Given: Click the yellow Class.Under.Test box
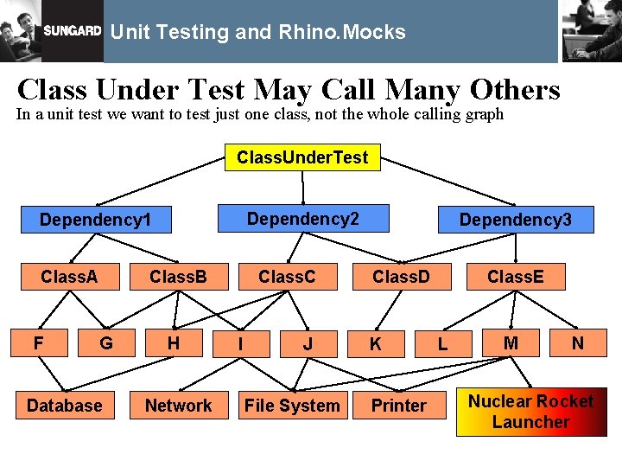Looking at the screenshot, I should [x=302, y=157].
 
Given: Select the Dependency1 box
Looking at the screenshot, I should [x=95, y=220].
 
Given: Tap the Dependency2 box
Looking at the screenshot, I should [x=302, y=218].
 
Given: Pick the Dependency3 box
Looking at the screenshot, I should [x=515, y=220].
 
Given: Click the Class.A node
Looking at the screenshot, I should [x=69, y=277].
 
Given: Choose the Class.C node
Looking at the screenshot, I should [x=287, y=277].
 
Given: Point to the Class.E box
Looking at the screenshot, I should [x=516, y=277].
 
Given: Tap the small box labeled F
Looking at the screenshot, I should [x=39, y=343].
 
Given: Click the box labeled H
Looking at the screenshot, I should [x=174, y=343].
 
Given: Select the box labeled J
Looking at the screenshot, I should [x=308, y=344].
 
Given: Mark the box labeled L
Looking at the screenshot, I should [x=442, y=344].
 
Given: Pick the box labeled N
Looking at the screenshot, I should [x=577, y=343].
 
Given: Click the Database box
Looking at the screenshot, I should [x=65, y=406].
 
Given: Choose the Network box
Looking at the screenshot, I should [x=178, y=406].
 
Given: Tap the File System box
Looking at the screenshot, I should [x=292, y=406].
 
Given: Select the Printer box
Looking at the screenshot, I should [x=398, y=406].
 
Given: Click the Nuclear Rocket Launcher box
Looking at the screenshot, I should [x=530, y=412].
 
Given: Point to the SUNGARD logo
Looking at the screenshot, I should [x=73, y=31].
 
